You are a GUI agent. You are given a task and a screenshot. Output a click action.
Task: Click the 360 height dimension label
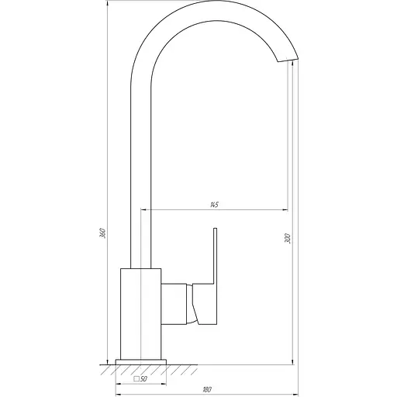pyautogui.click(x=102, y=233)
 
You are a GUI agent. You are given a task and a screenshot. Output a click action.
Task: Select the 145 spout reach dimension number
pyautogui.click(x=213, y=204)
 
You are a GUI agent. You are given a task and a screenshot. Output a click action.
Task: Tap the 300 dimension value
pyautogui.click(x=288, y=239)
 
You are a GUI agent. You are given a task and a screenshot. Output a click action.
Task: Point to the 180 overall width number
pyautogui.click(x=206, y=389)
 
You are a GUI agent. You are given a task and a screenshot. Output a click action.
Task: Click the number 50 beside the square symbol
pyautogui.click(x=144, y=379)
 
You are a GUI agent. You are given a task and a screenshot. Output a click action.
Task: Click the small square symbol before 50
pyautogui.click(x=136, y=379)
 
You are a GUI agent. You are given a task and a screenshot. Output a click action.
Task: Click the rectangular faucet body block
pyautogui.click(x=141, y=314)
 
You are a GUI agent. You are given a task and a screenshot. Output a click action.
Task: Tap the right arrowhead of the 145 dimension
pyautogui.click(x=287, y=209)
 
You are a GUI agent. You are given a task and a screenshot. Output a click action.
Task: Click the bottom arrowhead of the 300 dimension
pyautogui.click(x=292, y=361)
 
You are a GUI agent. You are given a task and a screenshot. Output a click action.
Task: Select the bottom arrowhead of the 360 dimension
pyautogui.click(x=107, y=361)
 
